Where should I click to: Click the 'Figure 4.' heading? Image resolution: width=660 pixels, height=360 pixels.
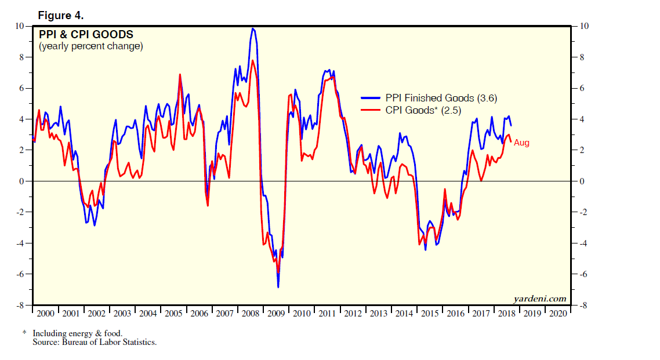click(x=61, y=14)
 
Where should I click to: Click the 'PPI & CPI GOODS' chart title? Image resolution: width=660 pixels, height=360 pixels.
click(x=86, y=35)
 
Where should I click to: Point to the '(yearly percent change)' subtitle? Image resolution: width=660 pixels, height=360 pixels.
click(x=90, y=46)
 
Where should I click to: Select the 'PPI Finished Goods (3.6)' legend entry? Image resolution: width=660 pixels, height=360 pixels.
click(x=441, y=98)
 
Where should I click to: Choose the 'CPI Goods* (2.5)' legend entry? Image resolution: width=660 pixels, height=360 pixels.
click(x=423, y=110)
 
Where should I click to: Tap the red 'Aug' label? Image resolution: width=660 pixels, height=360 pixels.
click(x=521, y=143)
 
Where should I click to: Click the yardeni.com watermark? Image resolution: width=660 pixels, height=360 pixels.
click(x=539, y=299)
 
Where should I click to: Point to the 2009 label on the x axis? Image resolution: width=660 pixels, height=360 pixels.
click(x=277, y=313)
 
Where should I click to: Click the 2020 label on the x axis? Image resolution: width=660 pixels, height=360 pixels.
click(x=558, y=313)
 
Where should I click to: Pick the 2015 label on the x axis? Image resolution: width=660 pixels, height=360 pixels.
click(x=430, y=313)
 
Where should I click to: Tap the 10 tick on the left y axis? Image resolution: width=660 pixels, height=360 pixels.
click(x=20, y=26)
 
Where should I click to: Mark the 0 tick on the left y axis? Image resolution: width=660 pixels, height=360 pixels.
click(x=22, y=181)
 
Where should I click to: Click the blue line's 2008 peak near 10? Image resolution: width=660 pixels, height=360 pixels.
click(x=252, y=28)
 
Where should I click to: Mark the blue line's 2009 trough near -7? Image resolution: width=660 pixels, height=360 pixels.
click(x=278, y=287)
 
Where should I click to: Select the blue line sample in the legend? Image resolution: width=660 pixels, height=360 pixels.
click(x=371, y=98)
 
